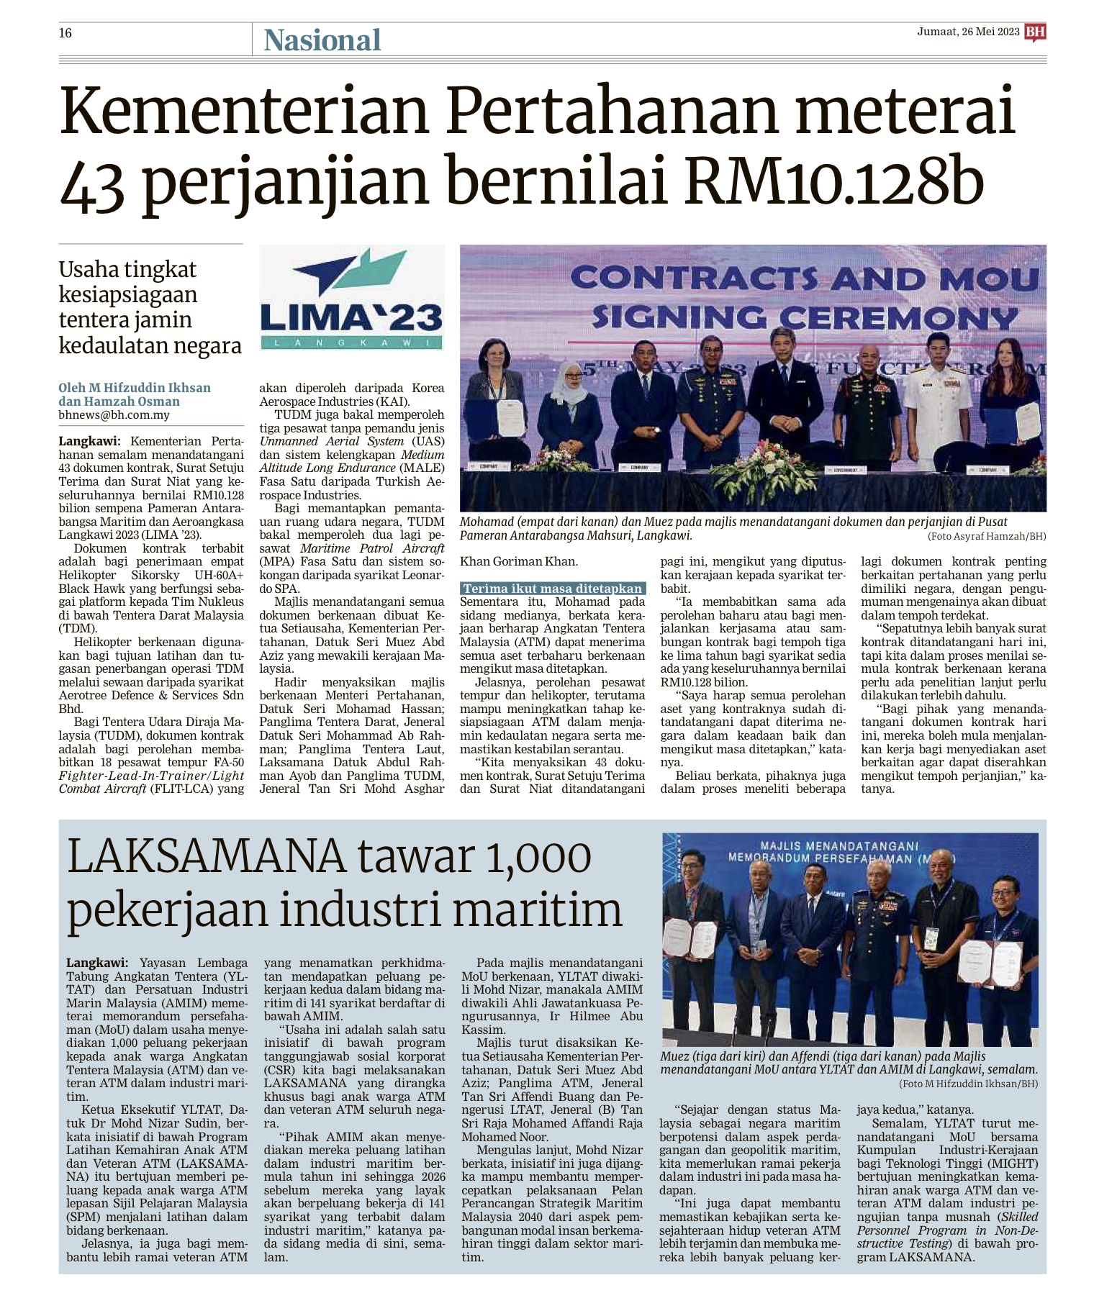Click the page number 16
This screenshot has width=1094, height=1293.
click(x=65, y=33)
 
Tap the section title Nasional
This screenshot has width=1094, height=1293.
click(x=322, y=40)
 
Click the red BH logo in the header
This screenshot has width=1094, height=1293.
click(x=1035, y=32)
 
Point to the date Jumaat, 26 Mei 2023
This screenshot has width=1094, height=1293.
click(x=968, y=32)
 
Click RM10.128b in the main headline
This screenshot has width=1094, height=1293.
click(x=834, y=182)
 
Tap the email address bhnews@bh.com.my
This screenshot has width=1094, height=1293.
click(x=114, y=415)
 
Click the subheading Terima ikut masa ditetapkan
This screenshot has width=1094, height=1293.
click(x=552, y=589)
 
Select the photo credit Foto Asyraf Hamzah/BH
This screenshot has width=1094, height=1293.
click(x=987, y=537)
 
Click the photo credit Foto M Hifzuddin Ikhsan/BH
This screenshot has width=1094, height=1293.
click(x=968, y=1084)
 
